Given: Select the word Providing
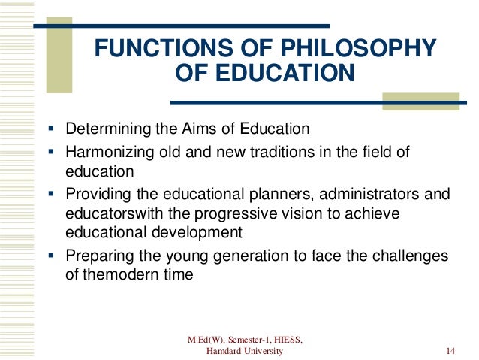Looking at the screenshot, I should [95, 195].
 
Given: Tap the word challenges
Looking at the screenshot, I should [413, 256].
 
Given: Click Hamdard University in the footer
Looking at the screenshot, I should [244, 351].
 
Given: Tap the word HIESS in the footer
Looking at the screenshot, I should [283, 340].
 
